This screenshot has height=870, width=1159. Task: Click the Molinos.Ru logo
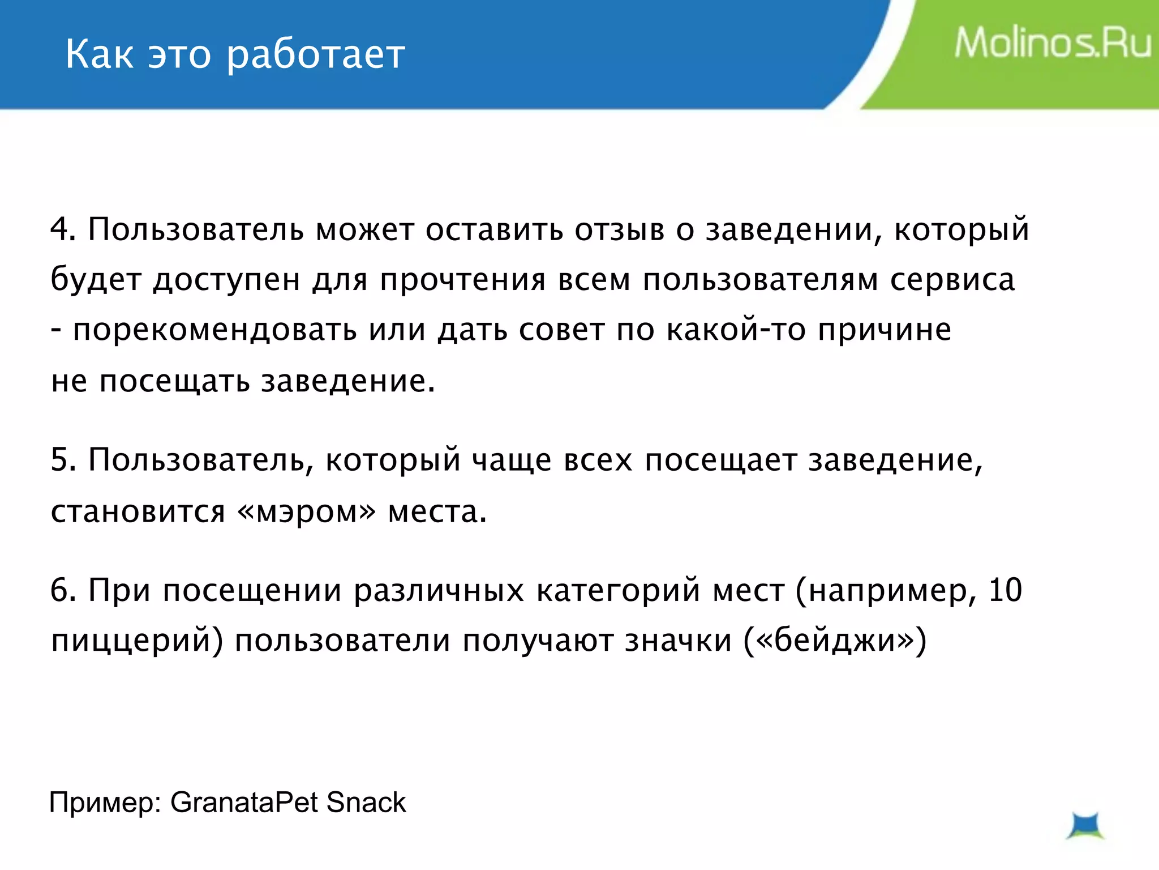tap(1052, 44)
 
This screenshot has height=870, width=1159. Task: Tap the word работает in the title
tap(316, 56)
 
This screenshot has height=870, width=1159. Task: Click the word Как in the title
tap(100, 54)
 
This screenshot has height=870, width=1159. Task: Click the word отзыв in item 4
tap(620, 229)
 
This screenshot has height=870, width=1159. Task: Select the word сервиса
tap(952, 280)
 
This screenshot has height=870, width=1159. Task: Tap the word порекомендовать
tap(215, 330)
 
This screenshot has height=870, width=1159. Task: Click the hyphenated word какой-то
tap(736, 329)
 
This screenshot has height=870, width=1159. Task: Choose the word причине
tap(885, 330)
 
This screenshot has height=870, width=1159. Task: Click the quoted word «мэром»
tap(307, 511)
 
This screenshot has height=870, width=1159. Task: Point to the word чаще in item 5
tap(512, 459)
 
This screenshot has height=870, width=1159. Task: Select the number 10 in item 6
tap(1005, 590)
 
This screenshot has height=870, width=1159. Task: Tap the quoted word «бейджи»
tap(834, 641)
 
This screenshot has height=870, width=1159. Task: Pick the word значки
tap(678, 641)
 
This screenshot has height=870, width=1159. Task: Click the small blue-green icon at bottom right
tap(1085, 826)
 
